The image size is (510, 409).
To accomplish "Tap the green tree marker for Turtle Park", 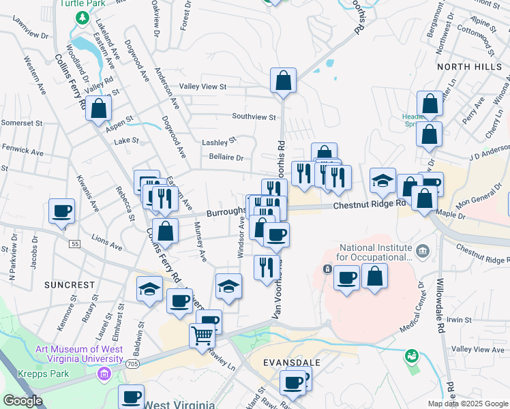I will point(83,18).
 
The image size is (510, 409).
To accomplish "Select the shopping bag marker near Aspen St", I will point(99,108).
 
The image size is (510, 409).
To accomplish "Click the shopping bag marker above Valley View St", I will point(283,80).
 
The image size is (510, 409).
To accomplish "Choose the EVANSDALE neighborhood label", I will point(287,363).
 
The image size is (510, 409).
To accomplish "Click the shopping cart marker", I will point(202,335).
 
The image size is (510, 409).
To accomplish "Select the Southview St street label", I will point(253,117).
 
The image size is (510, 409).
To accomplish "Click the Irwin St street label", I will point(460,319).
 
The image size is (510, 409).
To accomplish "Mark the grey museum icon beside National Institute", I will point(423,252).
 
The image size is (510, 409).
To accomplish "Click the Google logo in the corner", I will point(23,401).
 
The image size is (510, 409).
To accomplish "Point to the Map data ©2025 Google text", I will point(467,404).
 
